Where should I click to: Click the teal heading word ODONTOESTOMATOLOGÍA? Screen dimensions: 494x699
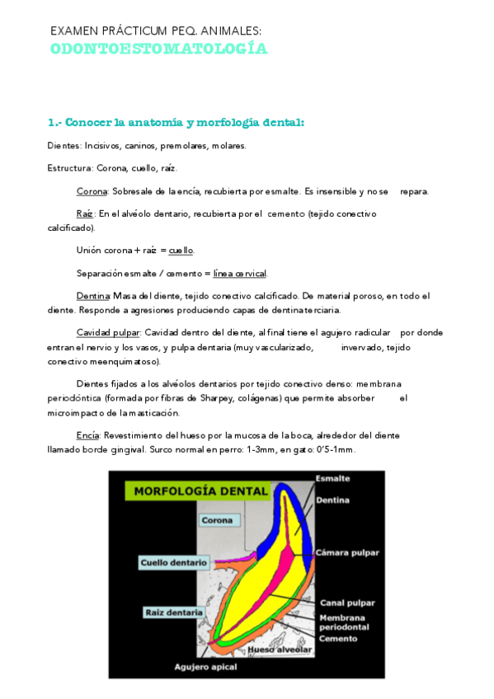[158, 49]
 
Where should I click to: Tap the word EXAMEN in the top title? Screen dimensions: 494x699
[72, 31]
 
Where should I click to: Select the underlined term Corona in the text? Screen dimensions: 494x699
[92, 191]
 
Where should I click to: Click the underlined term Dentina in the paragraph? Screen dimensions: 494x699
[92, 295]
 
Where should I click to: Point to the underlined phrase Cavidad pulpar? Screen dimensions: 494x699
[108, 332]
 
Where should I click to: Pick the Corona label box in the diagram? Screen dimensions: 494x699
[219, 520]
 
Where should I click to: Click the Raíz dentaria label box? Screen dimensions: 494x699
[173, 612]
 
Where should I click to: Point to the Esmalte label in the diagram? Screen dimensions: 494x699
[332, 478]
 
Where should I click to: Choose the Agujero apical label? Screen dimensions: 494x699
[204, 665]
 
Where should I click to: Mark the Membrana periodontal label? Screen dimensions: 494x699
[346, 622]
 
